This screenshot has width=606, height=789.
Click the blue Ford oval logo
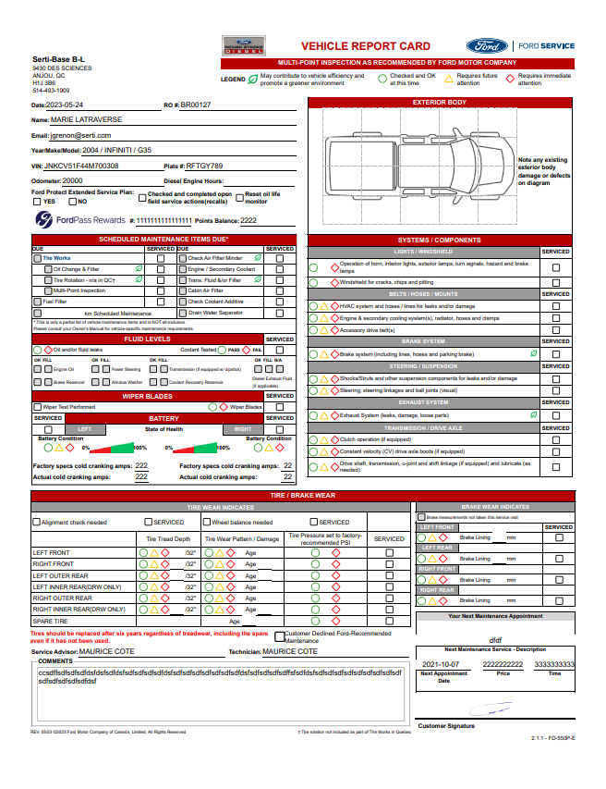[484, 45]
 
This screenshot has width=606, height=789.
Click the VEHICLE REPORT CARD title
[366, 46]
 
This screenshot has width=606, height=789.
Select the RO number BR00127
[196, 105]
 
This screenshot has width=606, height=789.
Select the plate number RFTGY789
[205, 166]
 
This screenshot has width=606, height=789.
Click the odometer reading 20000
[72, 181]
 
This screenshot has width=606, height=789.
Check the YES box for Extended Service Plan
[37, 201]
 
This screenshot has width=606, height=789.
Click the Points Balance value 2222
[248, 221]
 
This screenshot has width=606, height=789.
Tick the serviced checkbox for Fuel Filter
[161, 302]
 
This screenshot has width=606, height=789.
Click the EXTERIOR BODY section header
[439, 102]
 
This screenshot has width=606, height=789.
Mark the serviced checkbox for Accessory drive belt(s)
[555, 330]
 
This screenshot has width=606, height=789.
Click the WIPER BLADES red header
[148, 396]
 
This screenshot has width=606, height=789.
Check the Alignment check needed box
[36, 523]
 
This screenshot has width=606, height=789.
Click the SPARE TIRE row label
[50, 622]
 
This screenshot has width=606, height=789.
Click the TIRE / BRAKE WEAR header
[302, 496]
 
